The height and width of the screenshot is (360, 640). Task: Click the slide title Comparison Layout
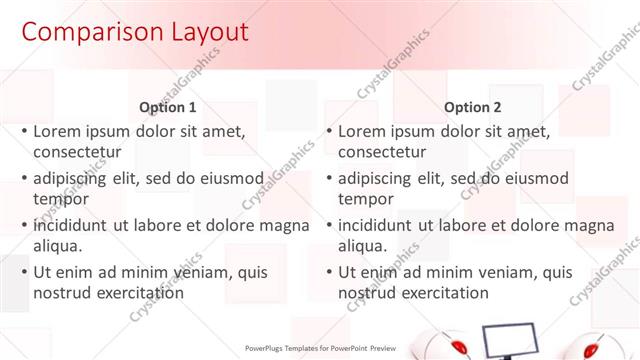135,32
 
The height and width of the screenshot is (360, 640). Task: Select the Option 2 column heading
473,107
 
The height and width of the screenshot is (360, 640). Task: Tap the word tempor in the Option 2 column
363,199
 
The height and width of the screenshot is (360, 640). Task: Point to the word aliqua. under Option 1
57,246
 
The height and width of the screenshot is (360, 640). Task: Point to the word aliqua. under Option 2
361,246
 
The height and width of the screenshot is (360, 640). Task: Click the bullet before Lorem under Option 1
24,131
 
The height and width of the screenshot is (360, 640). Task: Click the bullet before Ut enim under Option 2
328,272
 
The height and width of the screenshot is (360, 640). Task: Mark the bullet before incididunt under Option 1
24,225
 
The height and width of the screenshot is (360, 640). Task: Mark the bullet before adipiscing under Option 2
328,178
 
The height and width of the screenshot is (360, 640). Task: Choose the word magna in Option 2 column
588,225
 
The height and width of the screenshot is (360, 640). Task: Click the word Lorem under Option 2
360,131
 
